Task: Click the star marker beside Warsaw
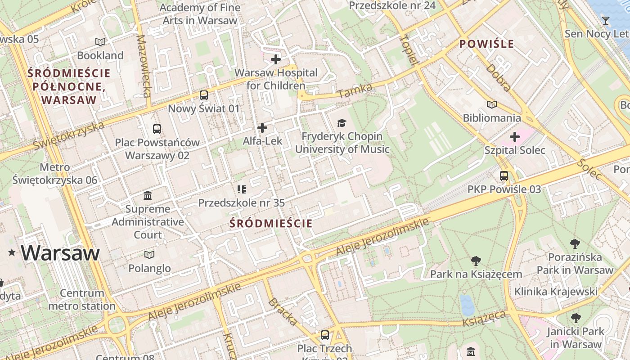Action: (x=12, y=253)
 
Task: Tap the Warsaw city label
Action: (x=60, y=253)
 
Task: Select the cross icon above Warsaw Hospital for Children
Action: (x=275, y=59)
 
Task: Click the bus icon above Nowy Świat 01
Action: (x=204, y=95)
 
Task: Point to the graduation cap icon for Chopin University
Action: (x=342, y=123)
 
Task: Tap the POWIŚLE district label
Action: (x=486, y=44)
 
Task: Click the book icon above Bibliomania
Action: (x=492, y=105)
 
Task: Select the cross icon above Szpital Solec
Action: (x=515, y=137)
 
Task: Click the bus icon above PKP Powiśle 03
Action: (x=504, y=176)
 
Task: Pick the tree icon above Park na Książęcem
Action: (x=476, y=261)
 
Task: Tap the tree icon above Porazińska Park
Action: (x=575, y=244)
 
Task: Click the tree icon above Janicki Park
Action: (x=576, y=318)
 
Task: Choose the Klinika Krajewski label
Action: (x=556, y=292)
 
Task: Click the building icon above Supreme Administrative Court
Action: (x=148, y=196)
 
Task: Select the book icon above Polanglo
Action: (x=149, y=255)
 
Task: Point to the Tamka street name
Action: (x=355, y=90)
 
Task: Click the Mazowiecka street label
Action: (x=144, y=66)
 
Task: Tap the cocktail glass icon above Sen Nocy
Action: (x=605, y=21)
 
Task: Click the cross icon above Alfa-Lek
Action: (x=262, y=128)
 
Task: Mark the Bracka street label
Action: (x=283, y=311)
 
